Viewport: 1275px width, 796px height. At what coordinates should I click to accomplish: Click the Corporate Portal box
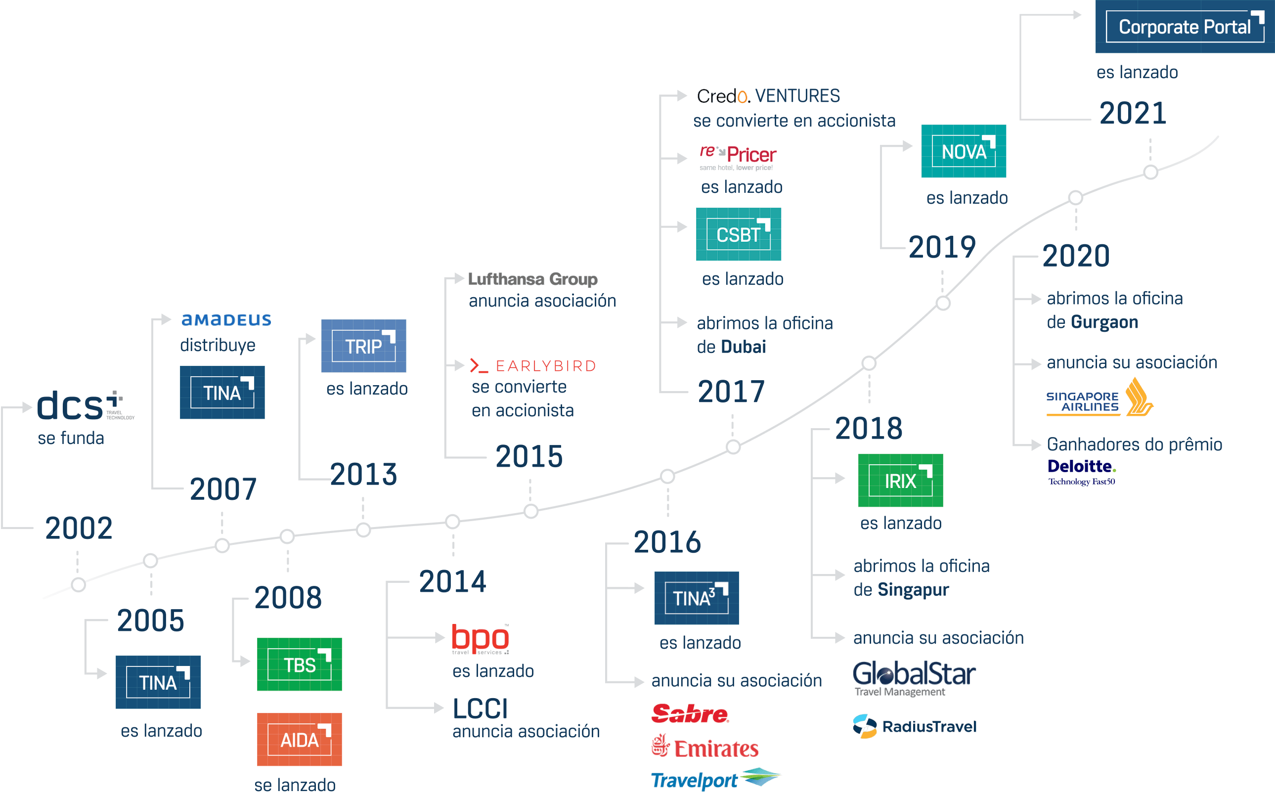pos(1185,26)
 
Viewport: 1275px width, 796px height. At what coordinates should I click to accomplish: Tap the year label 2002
pos(79,528)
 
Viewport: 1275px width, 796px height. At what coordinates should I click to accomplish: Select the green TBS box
pos(299,664)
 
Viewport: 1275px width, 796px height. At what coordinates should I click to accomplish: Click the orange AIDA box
pos(299,740)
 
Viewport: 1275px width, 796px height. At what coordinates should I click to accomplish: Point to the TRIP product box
pos(363,346)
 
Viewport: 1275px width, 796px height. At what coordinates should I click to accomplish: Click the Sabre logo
pos(690,714)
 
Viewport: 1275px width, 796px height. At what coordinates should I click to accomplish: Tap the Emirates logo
pos(705,748)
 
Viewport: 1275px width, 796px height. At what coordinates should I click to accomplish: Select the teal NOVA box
pos(964,151)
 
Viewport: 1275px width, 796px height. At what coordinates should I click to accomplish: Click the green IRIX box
pos(900,480)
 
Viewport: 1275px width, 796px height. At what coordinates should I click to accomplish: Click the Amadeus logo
pos(226,320)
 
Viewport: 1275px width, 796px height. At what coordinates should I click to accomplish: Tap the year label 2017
pos(731,392)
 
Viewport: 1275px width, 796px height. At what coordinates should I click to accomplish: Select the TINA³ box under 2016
pos(696,598)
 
